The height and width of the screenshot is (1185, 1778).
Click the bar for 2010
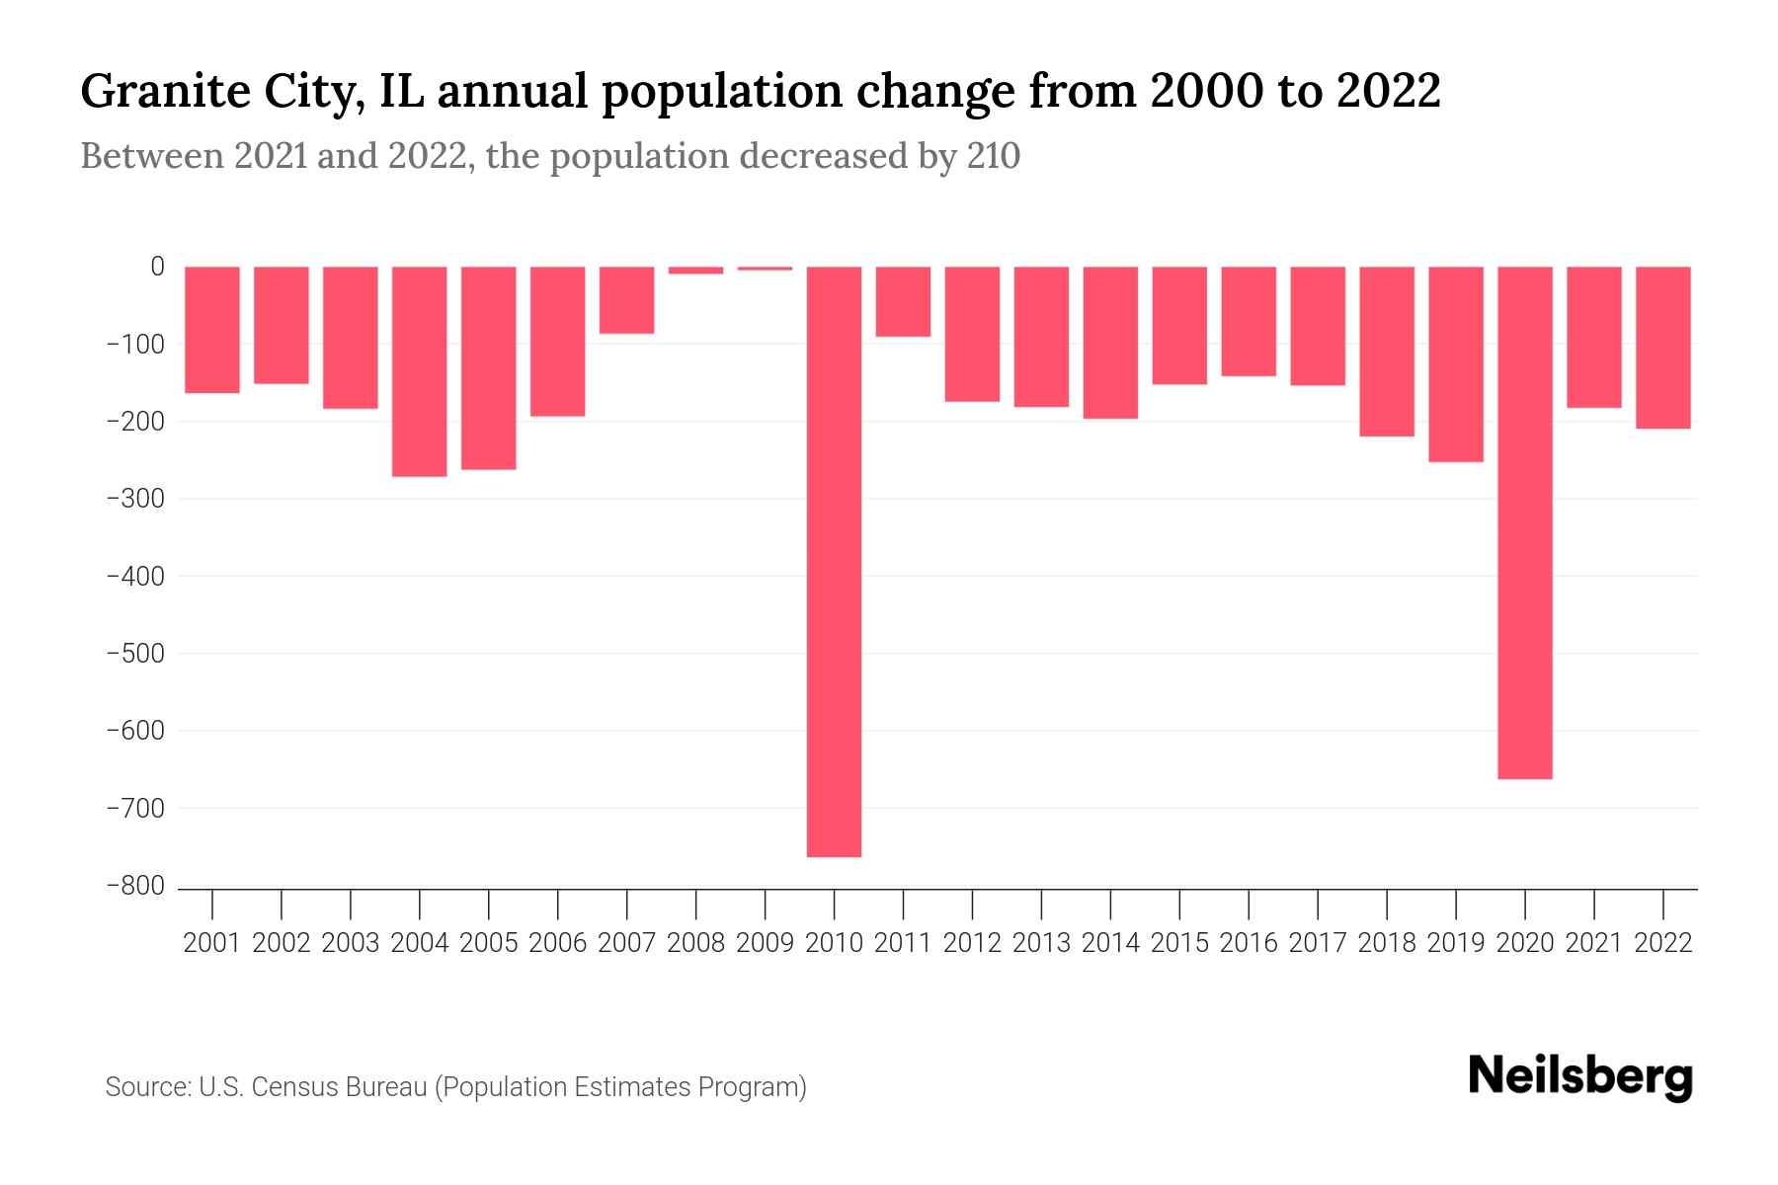[x=834, y=561]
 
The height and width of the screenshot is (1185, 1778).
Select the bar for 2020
[x=1524, y=522]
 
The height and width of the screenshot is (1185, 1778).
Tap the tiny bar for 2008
[x=695, y=270]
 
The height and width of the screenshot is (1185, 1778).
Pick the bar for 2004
[x=419, y=371]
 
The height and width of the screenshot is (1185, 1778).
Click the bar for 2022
[x=1662, y=348]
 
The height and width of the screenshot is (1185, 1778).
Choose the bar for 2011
[x=903, y=301]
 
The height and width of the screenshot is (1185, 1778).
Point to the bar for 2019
[x=1455, y=363]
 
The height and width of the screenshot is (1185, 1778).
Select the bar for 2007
[x=626, y=300]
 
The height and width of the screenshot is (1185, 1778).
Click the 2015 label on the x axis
[x=1179, y=943]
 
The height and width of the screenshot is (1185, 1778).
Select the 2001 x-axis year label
[x=212, y=943]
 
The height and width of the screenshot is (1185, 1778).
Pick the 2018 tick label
[x=1386, y=943]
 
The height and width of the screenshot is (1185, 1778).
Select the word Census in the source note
[x=295, y=1087]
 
